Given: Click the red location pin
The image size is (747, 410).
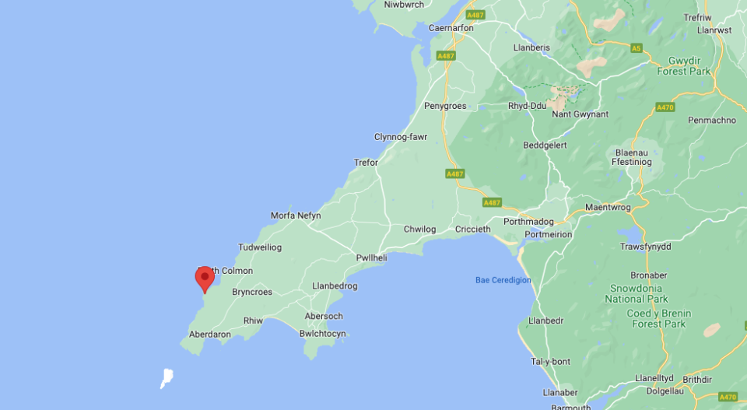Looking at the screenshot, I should (x=205, y=278).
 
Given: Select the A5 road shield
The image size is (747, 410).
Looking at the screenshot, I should (x=637, y=48).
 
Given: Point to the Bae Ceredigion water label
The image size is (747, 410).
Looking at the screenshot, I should (x=503, y=280).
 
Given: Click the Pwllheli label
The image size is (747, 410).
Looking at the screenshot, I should (x=371, y=258).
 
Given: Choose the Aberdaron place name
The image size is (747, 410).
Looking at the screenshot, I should (x=209, y=335).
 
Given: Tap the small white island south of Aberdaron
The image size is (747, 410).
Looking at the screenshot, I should (x=166, y=378).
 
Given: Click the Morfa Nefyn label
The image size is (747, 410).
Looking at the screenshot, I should (x=295, y=216).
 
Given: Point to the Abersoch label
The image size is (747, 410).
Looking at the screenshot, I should (x=324, y=317).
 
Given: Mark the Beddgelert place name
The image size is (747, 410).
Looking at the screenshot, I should (x=545, y=145).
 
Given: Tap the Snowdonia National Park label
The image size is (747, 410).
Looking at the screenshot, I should (x=637, y=293).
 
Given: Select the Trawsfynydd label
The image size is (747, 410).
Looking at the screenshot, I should (x=645, y=247).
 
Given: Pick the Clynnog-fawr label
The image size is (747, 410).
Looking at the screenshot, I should (x=401, y=137).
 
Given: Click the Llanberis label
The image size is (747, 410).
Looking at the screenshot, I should (x=531, y=47).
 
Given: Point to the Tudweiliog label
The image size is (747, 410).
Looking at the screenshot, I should (x=260, y=247).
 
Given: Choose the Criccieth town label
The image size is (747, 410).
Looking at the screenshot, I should (x=473, y=230).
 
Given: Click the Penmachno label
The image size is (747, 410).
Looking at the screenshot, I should (x=712, y=121).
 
